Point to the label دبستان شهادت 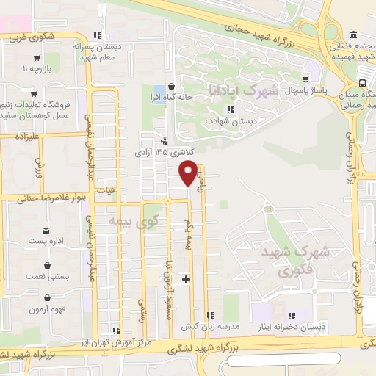tap(231, 121)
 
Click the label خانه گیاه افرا tap(171, 97)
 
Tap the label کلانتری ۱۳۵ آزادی tap(163, 153)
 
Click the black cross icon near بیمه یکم tap(187, 279)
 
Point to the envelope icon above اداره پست tap(47, 230)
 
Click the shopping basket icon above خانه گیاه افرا tap(171, 86)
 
